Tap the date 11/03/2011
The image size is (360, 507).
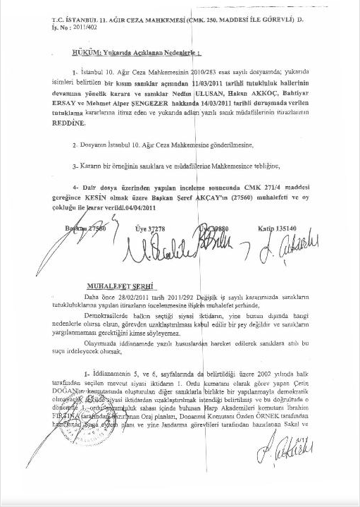click(204, 83)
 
